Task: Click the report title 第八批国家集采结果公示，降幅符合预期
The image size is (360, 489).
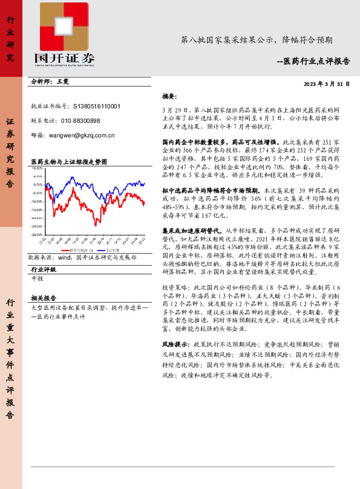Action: click(257, 41)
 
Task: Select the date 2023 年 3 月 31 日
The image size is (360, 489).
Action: click(327, 84)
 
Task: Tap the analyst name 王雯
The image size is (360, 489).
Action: click(63, 80)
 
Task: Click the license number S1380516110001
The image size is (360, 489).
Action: click(96, 105)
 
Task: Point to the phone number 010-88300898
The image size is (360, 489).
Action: click(78, 120)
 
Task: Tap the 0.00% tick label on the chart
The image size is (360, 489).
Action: click(38, 185)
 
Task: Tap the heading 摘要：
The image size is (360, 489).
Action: click(169, 96)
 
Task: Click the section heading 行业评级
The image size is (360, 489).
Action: click(44, 269)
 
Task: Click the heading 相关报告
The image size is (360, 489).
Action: click(44, 298)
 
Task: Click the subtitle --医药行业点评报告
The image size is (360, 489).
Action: click(317, 61)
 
